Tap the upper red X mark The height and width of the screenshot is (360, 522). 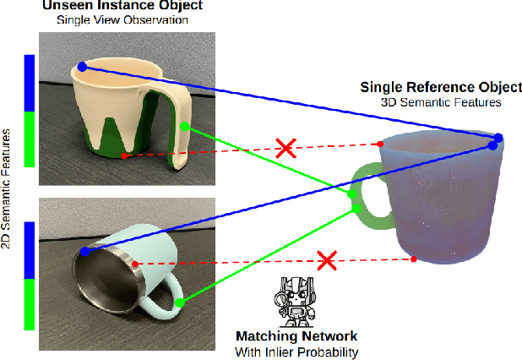point(286,150)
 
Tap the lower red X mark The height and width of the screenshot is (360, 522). point(325,260)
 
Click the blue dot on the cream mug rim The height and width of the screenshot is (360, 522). point(81,66)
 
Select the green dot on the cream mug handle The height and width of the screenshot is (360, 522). point(185,127)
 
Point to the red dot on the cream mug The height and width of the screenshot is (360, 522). point(124,155)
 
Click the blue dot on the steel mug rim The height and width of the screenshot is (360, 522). point(85,252)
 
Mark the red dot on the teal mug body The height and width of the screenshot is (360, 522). point(136,265)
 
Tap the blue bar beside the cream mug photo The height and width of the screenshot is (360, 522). point(28,84)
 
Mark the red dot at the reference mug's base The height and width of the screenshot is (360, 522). point(413,259)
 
